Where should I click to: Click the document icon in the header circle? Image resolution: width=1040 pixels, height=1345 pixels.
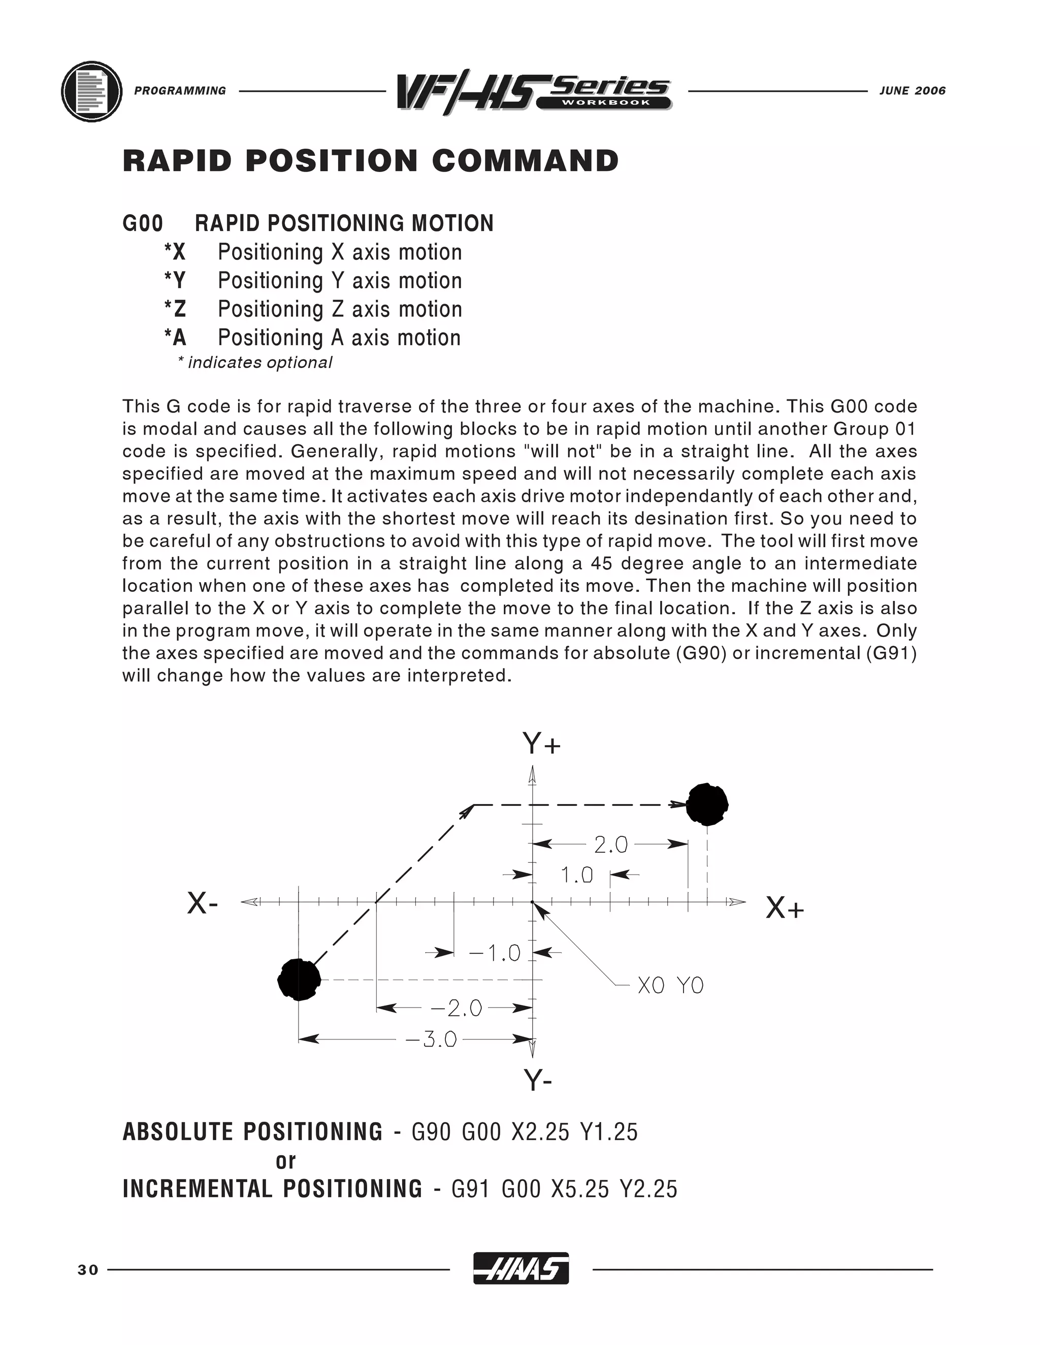(x=92, y=92)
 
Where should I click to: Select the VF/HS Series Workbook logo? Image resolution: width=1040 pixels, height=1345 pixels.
(x=534, y=93)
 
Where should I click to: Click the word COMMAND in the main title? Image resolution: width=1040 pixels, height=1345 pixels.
(x=525, y=161)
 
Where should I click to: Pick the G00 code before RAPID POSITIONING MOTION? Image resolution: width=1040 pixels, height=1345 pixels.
(x=143, y=223)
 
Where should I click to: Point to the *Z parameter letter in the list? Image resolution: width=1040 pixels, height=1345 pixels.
(x=175, y=309)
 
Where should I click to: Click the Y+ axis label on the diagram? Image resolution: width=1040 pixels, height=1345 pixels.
(x=541, y=744)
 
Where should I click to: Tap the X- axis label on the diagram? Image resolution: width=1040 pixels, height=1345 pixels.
(x=203, y=904)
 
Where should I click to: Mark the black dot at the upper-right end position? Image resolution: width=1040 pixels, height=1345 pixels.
(x=707, y=804)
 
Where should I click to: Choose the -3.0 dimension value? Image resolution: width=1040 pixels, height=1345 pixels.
(x=431, y=1039)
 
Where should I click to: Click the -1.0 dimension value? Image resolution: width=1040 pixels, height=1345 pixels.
(x=494, y=953)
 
